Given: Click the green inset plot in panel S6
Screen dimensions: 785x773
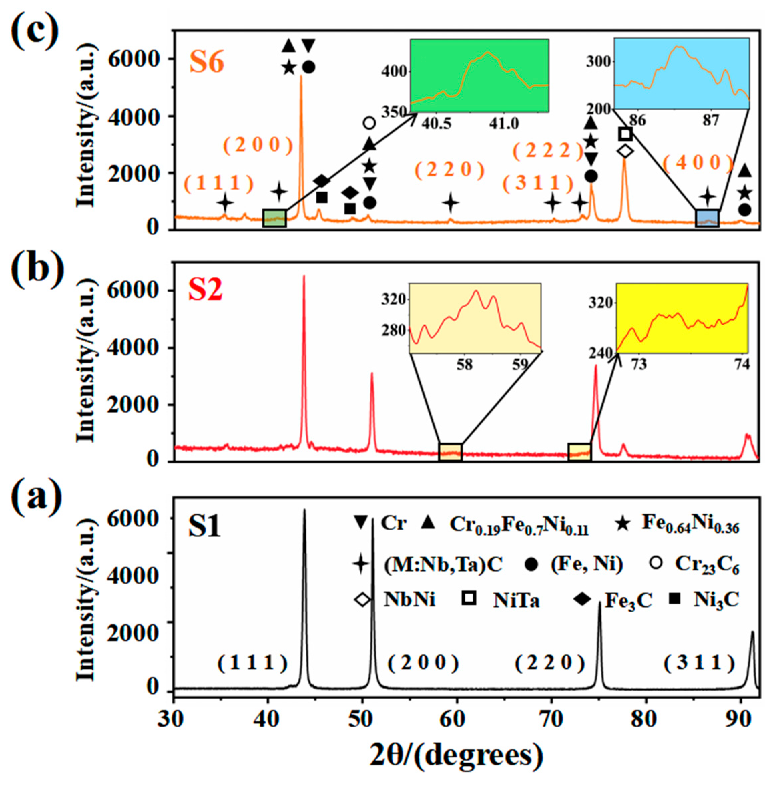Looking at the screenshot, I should coord(480,75).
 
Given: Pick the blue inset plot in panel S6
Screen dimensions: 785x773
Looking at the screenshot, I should coord(682,73).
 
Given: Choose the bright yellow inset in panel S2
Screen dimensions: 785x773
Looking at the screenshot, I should coord(683,318).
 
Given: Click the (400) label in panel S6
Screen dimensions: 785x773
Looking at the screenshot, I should coord(698,163).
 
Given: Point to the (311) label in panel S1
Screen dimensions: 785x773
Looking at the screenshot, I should coord(700,663).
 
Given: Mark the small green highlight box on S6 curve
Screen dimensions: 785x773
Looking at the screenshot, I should coord(274,218).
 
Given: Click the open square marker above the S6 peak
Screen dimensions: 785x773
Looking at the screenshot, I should coord(625,133).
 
